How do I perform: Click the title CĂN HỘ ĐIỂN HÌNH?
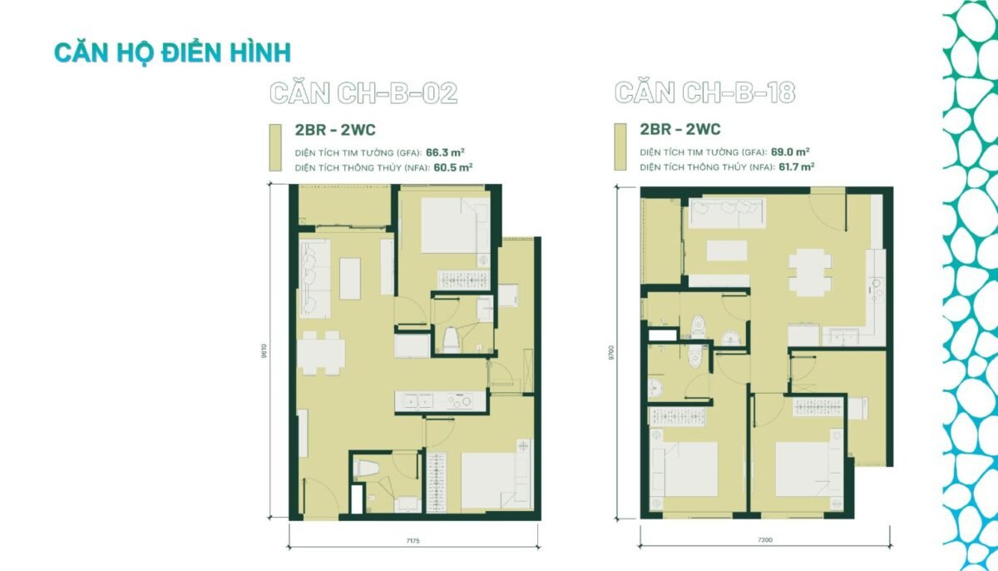[x=172, y=53]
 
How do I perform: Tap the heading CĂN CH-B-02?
[x=363, y=93]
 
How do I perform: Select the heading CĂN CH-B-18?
[x=705, y=92]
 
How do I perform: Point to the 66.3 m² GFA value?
[x=445, y=152]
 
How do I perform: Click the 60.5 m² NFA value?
[x=452, y=167]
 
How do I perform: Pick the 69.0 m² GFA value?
[x=790, y=152]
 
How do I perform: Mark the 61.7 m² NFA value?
[x=797, y=167]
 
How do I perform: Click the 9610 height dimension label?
[x=264, y=350]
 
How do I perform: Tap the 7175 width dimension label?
[x=413, y=541]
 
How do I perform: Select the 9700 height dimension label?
[x=611, y=352]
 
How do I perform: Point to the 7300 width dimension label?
[x=765, y=540]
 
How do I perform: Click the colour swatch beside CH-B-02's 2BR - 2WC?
[x=275, y=147]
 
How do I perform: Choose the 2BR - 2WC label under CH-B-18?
[x=680, y=129]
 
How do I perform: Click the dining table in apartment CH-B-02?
[x=321, y=353]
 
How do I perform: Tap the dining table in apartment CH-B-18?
[x=809, y=272]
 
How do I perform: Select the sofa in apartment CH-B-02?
[x=314, y=279]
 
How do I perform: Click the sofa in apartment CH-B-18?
[x=727, y=213]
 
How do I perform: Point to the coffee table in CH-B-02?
[x=350, y=279]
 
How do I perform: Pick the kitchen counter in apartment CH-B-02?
[x=440, y=402]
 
